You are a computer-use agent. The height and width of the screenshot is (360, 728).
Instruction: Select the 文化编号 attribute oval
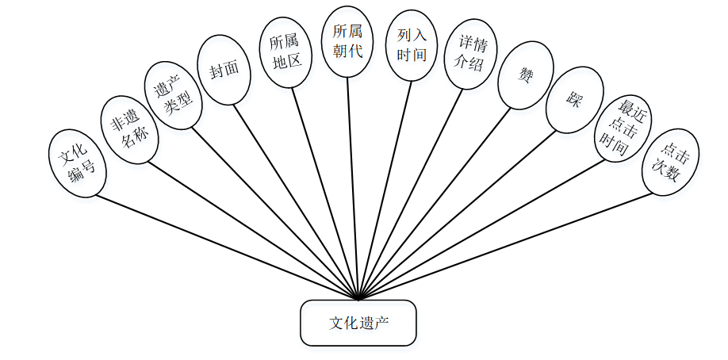(76, 163)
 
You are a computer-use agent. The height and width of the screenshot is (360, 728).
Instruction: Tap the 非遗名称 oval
(129, 129)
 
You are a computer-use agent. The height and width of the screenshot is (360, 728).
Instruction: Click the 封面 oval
(224, 70)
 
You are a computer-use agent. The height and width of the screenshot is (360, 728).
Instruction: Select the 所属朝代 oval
(347, 41)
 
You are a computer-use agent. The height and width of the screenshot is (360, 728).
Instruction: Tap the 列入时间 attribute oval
(411, 45)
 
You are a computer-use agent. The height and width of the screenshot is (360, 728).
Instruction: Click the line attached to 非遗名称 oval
(254, 230)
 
